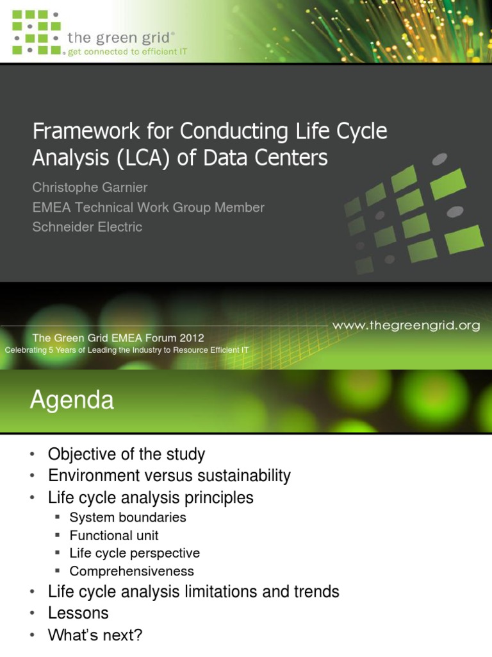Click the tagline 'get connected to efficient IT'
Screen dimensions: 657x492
pyautogui.click(x=127, y=51)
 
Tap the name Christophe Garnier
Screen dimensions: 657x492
pyautogui.click(x=90, y=187)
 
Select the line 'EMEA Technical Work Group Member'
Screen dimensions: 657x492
pyautogui.click(x=148, y=207)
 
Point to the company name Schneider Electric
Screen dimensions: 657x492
pyautogui.click(x=87, y=226)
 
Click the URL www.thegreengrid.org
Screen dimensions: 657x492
pyautogui.click(x=406, y=325)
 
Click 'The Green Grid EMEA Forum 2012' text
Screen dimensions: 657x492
pyautogui.click(x=119, y=338)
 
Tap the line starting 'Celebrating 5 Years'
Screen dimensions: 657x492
pyautogui.click(x=126, y=350)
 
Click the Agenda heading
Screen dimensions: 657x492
pyautogui.click(x=72, y=400)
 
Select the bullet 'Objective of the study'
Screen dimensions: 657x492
pyautogui.click(x=126, y=455)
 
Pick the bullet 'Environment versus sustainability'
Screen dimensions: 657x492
pyautogui.click(x=169, y=476)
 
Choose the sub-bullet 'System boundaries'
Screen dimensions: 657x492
pyautogui.click(x=127, y=517)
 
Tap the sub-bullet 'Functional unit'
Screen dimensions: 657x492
pyautogui.click(x=114, y=535)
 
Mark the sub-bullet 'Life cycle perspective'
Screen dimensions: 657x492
pyautogui.click(x=135, y=553)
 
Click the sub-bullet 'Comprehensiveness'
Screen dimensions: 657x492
pyautogui.click(x=131, y=571)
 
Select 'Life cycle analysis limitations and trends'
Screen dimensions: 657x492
pyautogui.click(x=193, y=592)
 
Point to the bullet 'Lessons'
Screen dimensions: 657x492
pyautogui.click(x=78, y=613)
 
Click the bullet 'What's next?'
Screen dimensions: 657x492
pyautogui.click(x=95, y=635)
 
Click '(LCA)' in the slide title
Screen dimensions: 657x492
pyautogui.click(x=141, y=157)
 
